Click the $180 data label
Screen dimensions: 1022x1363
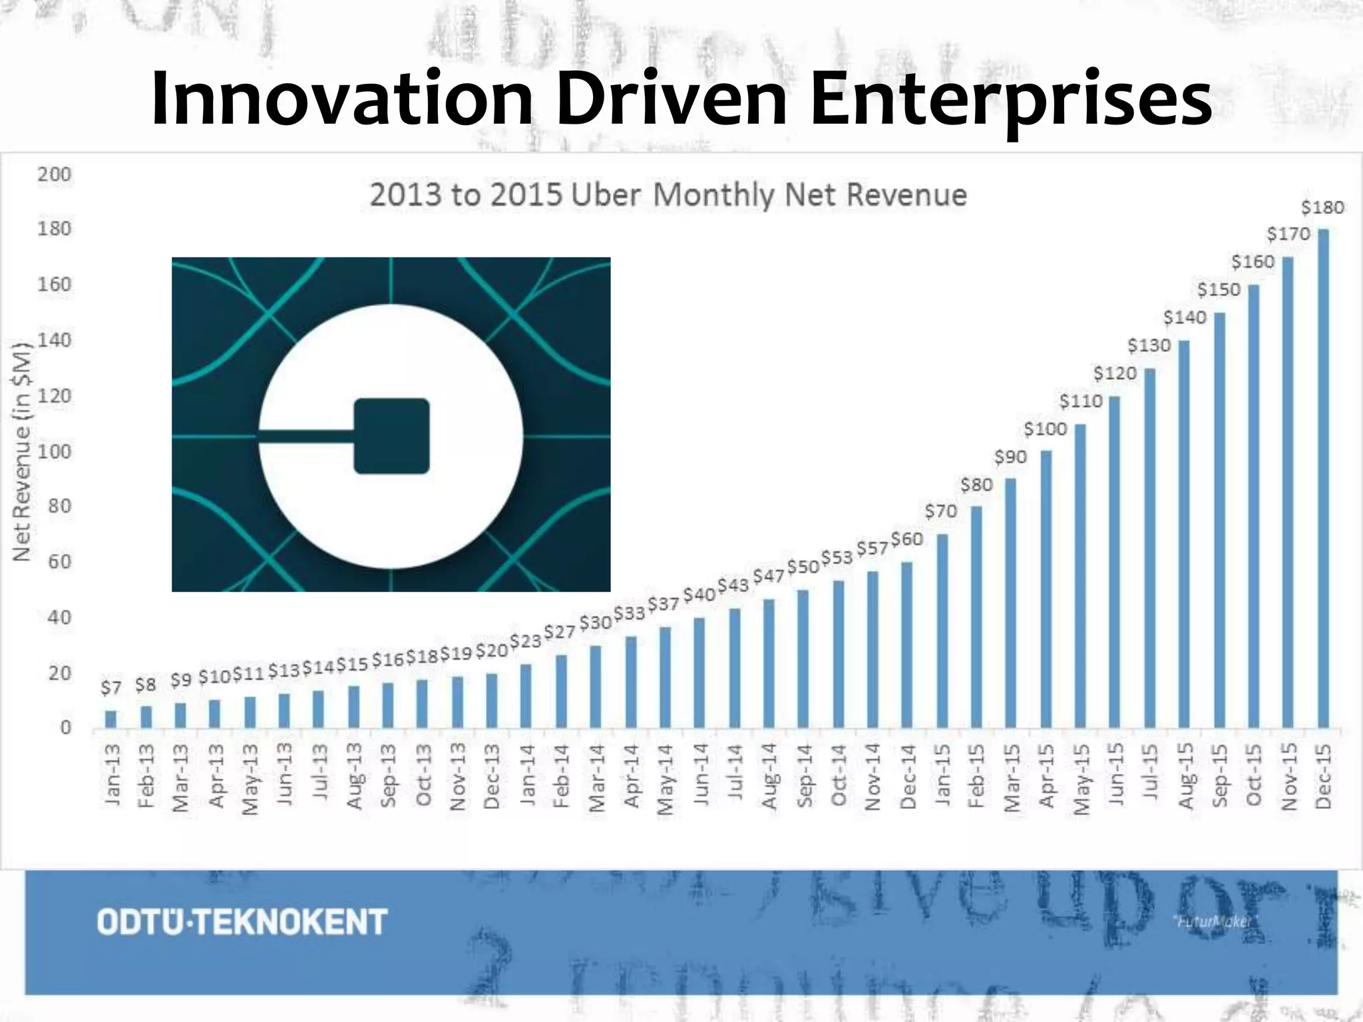click(1322, 208)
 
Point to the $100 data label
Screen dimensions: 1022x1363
click(1045, 429)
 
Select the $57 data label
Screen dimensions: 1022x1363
click(872, 549)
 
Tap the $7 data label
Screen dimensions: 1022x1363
click(110, 687)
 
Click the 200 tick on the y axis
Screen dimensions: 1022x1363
click(54, 174)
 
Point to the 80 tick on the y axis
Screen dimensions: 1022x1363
click(58, 506)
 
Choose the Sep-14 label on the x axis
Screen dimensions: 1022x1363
click(804, 776)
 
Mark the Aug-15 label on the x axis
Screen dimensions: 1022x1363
click(1185, 776)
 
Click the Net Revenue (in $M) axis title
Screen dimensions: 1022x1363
click(22, 451)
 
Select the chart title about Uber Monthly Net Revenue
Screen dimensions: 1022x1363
click(668, 196)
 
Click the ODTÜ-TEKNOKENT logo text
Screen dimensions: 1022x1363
click(242, 922)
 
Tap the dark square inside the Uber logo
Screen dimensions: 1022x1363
click(391, 436)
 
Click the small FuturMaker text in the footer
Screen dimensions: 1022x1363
click(1213, 922)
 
